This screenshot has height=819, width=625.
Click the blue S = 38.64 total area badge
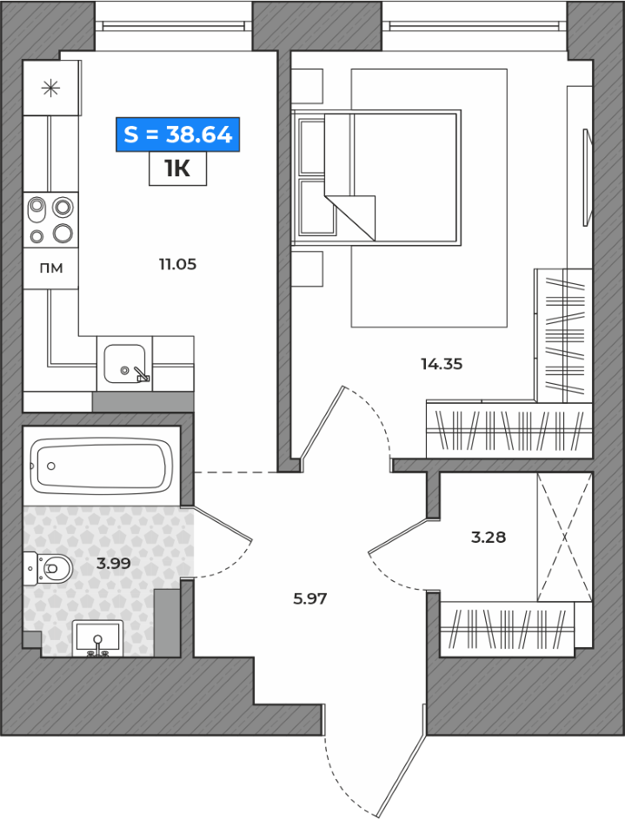[177, 135]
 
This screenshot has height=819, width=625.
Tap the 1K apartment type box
[177, 168]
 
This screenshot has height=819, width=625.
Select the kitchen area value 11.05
[177, 264]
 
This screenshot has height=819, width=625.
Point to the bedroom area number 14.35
[442, 364]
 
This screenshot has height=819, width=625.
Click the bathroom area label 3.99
[113, 563]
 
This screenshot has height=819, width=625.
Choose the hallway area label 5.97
[309, 598]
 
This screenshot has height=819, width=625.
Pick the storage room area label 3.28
[489, 537]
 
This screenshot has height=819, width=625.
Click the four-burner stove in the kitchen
[50, 220]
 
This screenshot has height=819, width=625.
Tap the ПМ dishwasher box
[50, 268]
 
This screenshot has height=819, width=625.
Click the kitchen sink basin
[124, 364]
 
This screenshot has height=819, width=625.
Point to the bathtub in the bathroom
[102, 466]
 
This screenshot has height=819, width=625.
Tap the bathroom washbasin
[97, 638]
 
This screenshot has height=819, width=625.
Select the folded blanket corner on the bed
[349, 218]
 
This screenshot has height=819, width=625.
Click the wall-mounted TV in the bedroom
[588, 177]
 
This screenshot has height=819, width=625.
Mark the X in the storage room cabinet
[564, 537]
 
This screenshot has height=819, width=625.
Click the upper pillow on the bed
[313, 147]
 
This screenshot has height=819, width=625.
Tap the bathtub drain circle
[50, 466]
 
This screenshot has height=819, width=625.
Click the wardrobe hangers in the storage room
[507, 629]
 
